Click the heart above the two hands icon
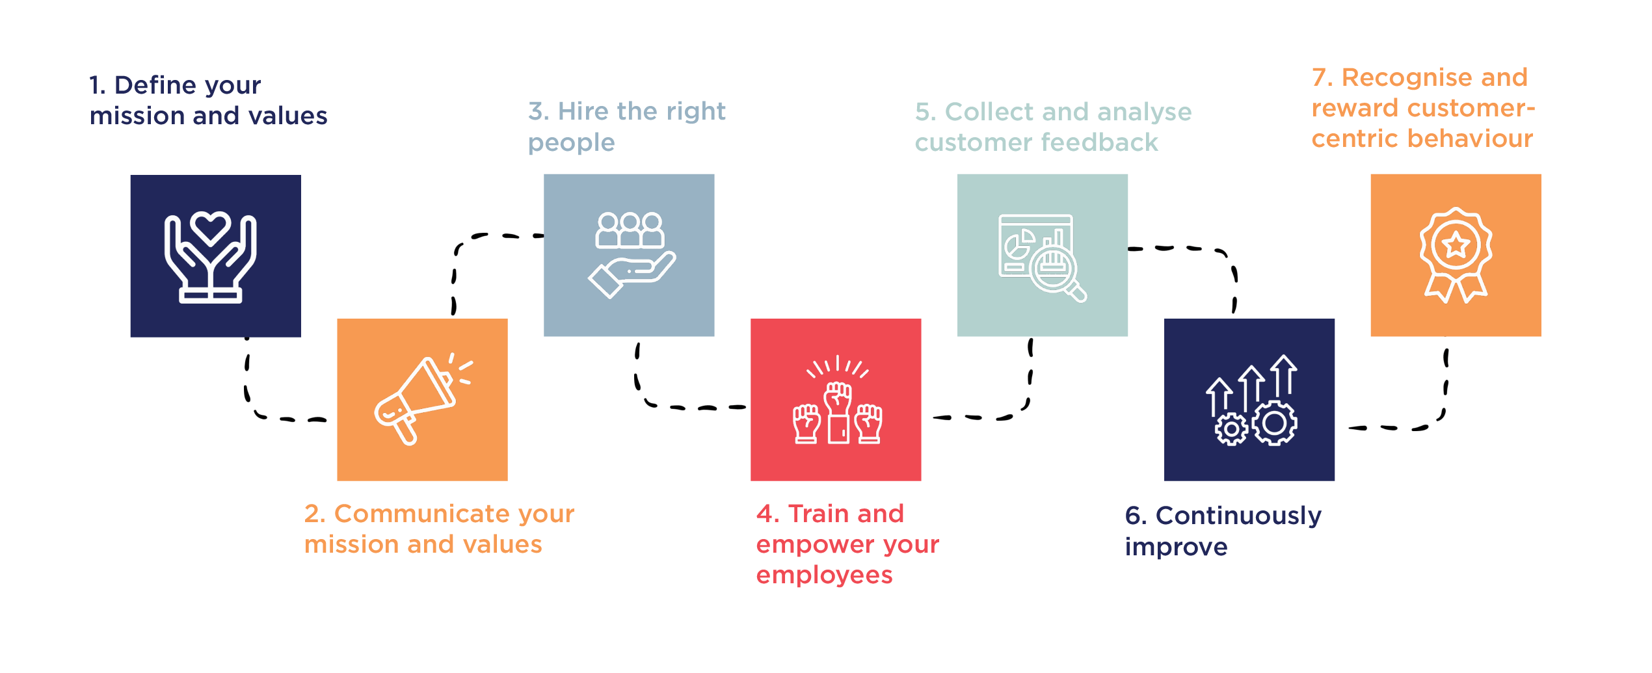[209, 227]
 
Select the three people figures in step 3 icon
[630, 231]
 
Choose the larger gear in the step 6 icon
[1274, 423]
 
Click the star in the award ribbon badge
[1456, 245]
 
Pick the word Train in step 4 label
[813, 514]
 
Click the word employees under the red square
[824, 575]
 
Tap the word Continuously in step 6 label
[1238, 516]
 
